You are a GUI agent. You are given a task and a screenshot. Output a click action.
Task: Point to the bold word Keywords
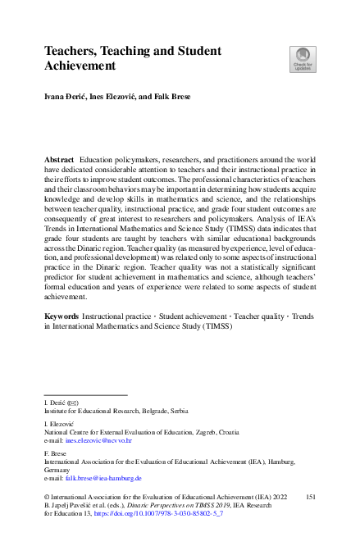[63, 316]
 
